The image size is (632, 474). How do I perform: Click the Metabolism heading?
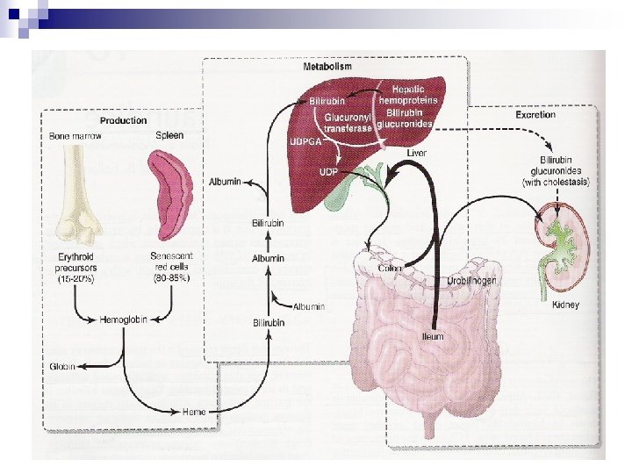pyautogui.click(x=327, y=68)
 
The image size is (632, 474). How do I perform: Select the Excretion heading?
pyautogui.click(x=535, y=115)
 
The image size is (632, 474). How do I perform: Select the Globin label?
pyautogui.click(x=62, y=366)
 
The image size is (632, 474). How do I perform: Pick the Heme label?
pyautogui.click(x=194, y=410)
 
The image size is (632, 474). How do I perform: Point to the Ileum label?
pyautogui.click(x=432, y=336)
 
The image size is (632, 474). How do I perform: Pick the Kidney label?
pyautogui.click(x=566, y=305)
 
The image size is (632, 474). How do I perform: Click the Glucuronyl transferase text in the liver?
pyautogui.click(x=348, y=121)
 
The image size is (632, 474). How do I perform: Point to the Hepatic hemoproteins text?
pyautogui.click(x=413, y=95)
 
